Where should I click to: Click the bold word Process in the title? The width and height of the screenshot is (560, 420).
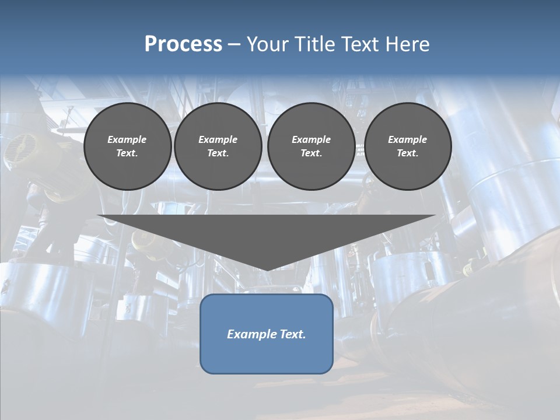coord(183,44)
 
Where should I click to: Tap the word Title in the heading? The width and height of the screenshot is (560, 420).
coord(315,44)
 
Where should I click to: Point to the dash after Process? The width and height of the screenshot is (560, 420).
coord(234,44)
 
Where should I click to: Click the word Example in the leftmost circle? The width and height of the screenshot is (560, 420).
coord(127,139)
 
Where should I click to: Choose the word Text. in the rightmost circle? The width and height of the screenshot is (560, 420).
coord(407,153)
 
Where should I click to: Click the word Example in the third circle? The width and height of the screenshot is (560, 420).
coord(311,139)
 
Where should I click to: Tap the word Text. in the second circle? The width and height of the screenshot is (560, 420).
coord(218,153)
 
